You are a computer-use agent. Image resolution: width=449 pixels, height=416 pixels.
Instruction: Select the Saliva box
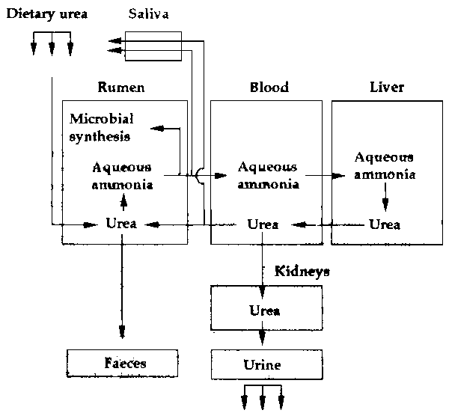pyautogui.click(x=153, y=46)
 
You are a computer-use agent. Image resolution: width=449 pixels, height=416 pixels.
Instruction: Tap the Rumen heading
pyautogui.click(x=120, y=88)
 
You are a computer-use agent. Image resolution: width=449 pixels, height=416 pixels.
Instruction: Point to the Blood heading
pyautogui.click(x=268, y=88)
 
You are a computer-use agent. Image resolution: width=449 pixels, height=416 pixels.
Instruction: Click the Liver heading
pyautogui.click(x=387, y=88)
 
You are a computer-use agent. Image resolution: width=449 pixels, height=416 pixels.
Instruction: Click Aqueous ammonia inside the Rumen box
pyautogui.click(x=123, y=175)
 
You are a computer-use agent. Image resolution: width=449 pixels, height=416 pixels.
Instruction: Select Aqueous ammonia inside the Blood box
pyautogui.click(x=267, y=175)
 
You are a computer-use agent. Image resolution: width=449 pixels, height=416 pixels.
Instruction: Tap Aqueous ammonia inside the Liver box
pyautogui.click(x=385, y=165)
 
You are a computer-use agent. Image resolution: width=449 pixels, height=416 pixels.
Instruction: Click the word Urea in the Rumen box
pyautogui.click(x=121, y=224)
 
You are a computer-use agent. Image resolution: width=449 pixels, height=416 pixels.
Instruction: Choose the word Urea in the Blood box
pyautogui.click(x=263, y=224)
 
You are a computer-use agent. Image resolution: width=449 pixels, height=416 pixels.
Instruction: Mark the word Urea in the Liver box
pyautogui.click(x=385, y=224)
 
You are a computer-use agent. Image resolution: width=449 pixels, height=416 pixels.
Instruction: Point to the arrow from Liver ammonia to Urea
pyautogui.click(x=385, y=199)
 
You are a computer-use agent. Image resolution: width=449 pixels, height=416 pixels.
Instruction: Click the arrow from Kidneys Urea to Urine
pyautogui.click(x=263, y=339)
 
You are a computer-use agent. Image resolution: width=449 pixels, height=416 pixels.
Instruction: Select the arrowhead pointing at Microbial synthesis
pyautogui.click(x=155, y=129)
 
